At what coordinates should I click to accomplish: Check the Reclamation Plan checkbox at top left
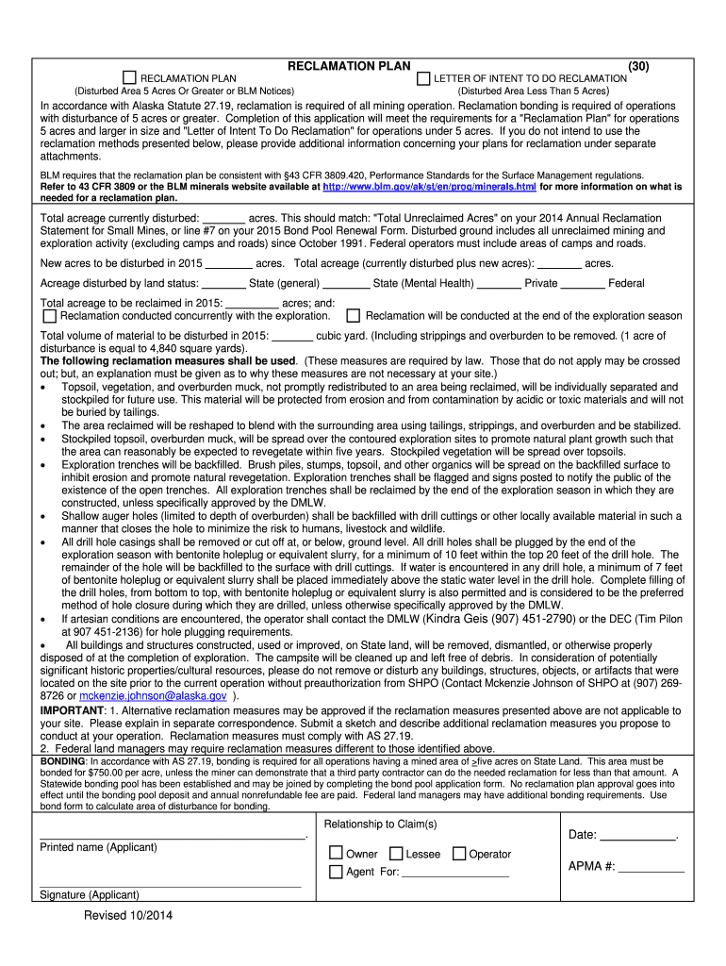131,77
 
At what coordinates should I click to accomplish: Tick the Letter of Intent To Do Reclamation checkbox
423,77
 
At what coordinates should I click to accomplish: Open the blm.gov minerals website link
429,188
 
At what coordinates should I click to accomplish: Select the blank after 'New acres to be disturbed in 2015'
228,263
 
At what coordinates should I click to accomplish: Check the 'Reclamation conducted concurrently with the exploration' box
50,316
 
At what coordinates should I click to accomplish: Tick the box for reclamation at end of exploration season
354,316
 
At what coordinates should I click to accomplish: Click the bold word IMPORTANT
72,709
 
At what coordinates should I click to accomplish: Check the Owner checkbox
336,854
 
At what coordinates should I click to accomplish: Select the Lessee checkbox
395,854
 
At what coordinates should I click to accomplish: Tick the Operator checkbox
459,854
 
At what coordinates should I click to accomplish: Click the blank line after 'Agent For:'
455,873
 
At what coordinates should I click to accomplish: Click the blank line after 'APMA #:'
651,867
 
